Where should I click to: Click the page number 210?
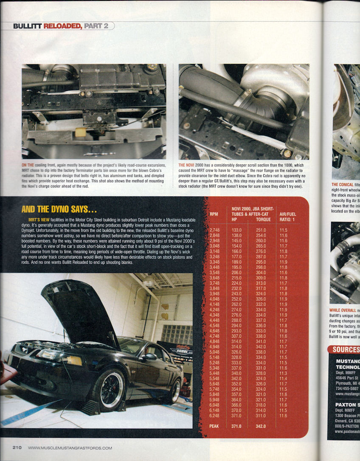coord(17,447)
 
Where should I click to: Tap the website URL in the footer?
coord(70,448)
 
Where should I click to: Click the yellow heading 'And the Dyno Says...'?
coord(59,209)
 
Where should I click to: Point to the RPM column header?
coord(214,214)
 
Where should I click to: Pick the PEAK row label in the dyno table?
coord(214,426)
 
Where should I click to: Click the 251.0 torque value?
coord(261,230)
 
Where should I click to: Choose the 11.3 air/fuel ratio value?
coord(284,373)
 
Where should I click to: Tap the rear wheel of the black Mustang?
coord(174,390)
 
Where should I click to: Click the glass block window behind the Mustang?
coord(177,335)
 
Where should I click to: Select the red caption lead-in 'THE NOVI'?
coord(187,165)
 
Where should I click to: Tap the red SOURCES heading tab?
coord(345,350)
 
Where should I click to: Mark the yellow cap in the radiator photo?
coord(81,132)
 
